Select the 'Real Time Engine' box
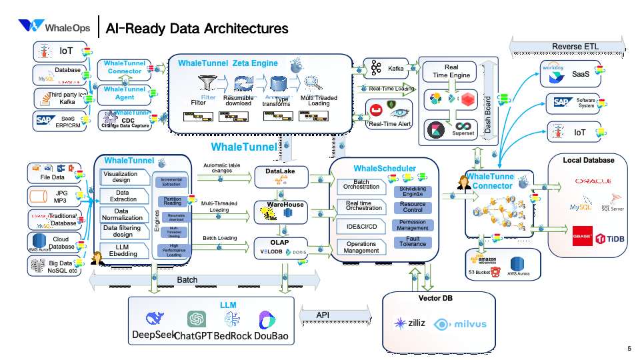point(451,71)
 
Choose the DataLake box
point(281,177)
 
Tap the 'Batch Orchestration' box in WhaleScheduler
point(361,185)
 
